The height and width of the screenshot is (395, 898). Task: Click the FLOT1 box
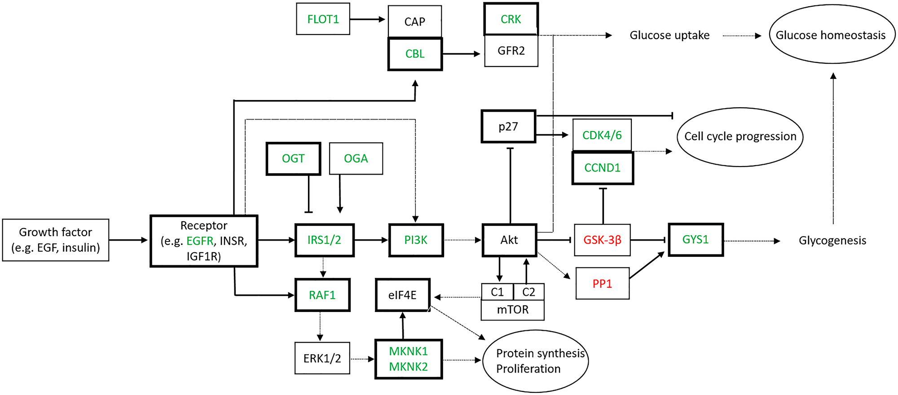(323, 19)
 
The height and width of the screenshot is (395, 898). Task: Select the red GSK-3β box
(602, 240)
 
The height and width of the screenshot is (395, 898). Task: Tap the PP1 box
(602, 284)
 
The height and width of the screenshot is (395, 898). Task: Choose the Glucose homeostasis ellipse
(832, 35)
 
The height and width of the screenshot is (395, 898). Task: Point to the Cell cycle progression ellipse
(740, 136)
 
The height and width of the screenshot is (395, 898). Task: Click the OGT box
(293, 158)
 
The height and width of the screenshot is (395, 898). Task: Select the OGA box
(356, 158)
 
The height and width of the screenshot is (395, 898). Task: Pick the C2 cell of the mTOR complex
(528, 292)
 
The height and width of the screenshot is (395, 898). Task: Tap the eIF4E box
(402, 295)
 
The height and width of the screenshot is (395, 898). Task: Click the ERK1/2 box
(322, 358)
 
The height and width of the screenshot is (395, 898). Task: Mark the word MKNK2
(408, 367)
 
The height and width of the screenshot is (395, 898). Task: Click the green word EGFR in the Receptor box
(200, 241)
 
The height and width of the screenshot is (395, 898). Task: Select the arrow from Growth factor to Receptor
(128, 240)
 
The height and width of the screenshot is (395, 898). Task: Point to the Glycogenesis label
(832, 241)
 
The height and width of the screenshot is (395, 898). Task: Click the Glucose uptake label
(669, 35)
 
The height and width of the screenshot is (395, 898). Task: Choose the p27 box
(508, 127)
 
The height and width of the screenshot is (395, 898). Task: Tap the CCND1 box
(602, 168)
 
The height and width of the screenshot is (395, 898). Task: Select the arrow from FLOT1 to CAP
(367, 19)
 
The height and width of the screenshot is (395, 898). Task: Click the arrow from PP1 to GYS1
(647, 265)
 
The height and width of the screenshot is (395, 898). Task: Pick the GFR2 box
(511, 51)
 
